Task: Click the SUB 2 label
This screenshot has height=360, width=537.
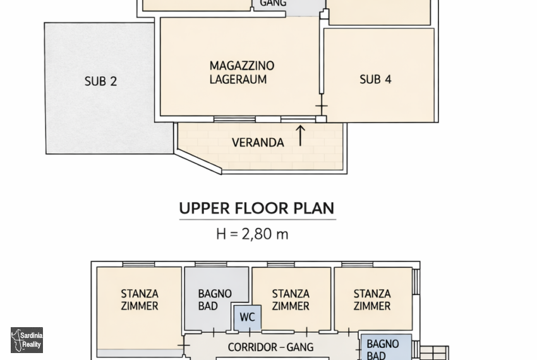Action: click(100, 81)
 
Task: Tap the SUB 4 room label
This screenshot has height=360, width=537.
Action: click(375, 80)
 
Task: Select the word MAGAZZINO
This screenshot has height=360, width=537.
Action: click(242, 66)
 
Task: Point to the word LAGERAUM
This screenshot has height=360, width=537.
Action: click(238, 80)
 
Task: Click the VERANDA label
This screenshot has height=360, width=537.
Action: click(258, 143)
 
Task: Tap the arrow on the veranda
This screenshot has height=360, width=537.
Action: click(300, 136)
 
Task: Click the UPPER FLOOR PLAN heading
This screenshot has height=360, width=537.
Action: click(257, 208)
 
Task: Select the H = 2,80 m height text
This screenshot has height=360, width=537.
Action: click(253, 234)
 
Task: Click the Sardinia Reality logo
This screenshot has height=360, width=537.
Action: click(27, 340)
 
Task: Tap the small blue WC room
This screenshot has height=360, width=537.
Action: click(248, 318)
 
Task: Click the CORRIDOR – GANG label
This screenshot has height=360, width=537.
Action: click(270, 347)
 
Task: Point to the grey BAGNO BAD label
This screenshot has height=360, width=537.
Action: click(215, 300)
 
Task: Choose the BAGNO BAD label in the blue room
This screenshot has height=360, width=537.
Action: click(383, 349)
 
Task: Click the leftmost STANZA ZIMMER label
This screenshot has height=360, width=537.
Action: click(140, 300)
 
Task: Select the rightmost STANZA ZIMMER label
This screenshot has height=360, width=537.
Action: click(372, 300)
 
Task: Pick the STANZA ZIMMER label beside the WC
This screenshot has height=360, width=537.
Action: click(291, 300)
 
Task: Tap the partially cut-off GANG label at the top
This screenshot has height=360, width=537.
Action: click(273, 3)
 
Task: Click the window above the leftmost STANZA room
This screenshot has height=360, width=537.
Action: click(139, 264)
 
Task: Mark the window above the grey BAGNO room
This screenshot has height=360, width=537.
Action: click(210, 264)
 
